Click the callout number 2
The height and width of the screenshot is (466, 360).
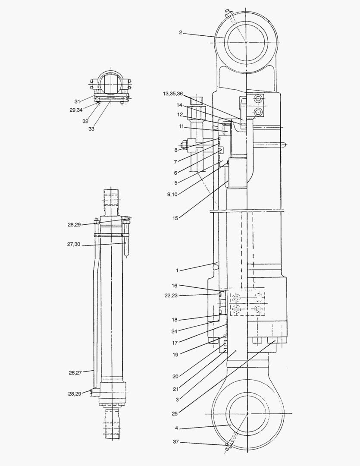click(181, 32)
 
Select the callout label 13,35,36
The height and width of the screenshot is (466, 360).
click(173, 94)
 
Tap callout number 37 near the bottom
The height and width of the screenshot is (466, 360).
click(176, 442)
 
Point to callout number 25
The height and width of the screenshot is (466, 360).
click(174, 413)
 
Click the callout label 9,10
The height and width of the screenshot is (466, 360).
click(172, 194)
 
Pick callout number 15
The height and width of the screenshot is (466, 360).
click(175, 218)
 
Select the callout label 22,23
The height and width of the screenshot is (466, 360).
click(171, 296)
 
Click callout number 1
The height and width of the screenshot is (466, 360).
click(177, 271)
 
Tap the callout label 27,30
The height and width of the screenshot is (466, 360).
click(74, 244)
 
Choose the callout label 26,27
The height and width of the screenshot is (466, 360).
click(75, 373)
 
